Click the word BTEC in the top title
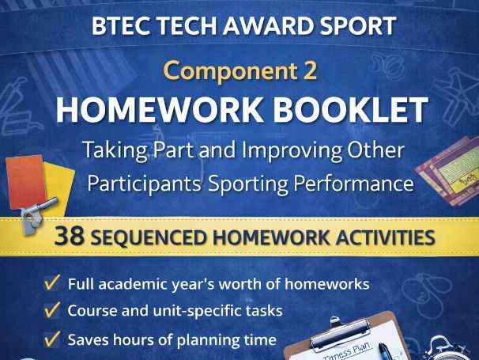click(119, 25)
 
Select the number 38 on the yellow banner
click(71, 237)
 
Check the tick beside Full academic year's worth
click(53, 282)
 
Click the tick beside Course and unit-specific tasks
click(53, 310)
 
